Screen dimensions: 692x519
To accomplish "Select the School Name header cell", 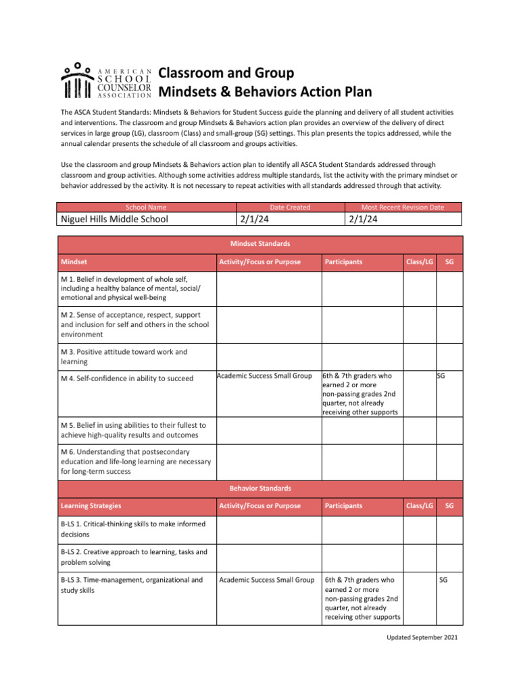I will point(146,207).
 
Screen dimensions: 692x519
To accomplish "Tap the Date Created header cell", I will point(290,207).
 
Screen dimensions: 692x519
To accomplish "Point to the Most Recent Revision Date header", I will point(403,207).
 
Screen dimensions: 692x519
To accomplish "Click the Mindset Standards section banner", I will point(260,243).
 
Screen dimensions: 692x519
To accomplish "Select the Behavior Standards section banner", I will point(260,487).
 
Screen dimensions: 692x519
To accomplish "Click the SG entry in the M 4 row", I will point(441,375).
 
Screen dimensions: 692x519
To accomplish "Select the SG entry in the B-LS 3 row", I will point(443,580).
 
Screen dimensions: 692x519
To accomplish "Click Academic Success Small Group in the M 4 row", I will point(264,376).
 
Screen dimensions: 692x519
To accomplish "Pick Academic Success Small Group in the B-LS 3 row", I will point(267,580).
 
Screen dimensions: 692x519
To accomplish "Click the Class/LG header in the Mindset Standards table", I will point(419,262).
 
